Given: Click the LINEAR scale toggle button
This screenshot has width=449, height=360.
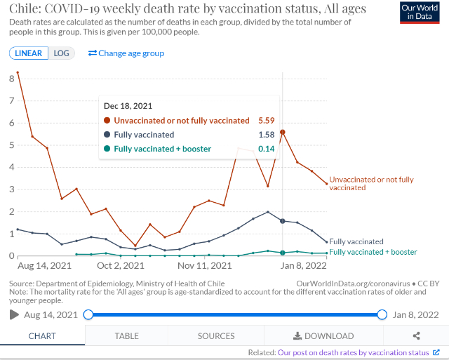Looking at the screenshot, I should [29, 53].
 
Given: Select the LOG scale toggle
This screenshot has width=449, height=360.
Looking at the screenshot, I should [62, 53].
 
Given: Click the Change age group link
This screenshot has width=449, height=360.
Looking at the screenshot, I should [126, 53].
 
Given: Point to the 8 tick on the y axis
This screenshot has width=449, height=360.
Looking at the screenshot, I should [11, 79].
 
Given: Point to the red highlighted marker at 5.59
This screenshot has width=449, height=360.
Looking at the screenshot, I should [282, 132].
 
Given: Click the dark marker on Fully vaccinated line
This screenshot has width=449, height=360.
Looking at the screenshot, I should [282, 221].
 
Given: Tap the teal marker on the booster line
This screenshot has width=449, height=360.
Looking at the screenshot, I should [282, 253].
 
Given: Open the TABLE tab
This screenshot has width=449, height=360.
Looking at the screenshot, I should [126, 336].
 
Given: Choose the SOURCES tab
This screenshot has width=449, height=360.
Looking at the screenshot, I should [215, 336].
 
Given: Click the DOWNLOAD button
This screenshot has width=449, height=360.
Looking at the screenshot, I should [323, 336].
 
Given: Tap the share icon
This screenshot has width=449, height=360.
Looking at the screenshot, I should [417, 336].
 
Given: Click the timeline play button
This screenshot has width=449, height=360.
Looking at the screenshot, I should [14, 314].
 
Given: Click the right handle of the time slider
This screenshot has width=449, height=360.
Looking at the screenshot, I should [382, 314].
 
